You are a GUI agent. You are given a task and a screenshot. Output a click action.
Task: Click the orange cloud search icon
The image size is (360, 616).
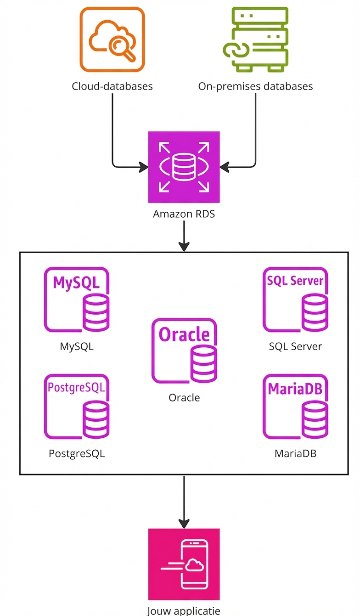112,40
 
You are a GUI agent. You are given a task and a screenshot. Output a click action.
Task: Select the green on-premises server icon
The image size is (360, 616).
255,39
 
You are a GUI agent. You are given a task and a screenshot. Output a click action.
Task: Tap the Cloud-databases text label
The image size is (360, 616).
112,86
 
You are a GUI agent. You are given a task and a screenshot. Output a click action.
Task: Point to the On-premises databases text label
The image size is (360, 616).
255,86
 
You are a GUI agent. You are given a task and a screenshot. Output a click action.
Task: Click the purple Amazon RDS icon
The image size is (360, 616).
184,167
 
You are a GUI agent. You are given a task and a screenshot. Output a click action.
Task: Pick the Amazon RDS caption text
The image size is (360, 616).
184,214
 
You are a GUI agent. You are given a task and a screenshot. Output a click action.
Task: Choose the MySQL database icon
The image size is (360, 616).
77,300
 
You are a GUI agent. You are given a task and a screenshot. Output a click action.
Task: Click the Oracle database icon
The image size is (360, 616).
184,351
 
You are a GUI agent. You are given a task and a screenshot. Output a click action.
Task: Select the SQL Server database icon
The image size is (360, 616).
295,300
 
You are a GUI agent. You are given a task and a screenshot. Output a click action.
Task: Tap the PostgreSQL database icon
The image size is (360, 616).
77,407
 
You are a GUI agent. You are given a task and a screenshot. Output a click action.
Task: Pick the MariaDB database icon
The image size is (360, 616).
295,407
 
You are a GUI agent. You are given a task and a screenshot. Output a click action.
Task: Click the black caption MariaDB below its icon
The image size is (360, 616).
295,453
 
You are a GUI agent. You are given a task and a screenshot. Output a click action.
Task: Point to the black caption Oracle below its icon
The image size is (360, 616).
184,397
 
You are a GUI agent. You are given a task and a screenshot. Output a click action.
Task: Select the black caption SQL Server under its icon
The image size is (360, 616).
295,346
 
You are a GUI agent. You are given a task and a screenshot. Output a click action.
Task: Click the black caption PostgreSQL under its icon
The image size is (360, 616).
77,453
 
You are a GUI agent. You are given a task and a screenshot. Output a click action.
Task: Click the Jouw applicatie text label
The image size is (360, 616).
184,610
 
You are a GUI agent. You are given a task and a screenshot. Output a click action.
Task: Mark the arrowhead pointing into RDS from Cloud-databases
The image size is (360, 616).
143,167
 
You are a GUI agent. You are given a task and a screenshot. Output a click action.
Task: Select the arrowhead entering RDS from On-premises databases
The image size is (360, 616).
225,167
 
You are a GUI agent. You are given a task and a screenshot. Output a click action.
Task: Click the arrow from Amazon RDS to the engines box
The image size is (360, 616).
184,236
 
